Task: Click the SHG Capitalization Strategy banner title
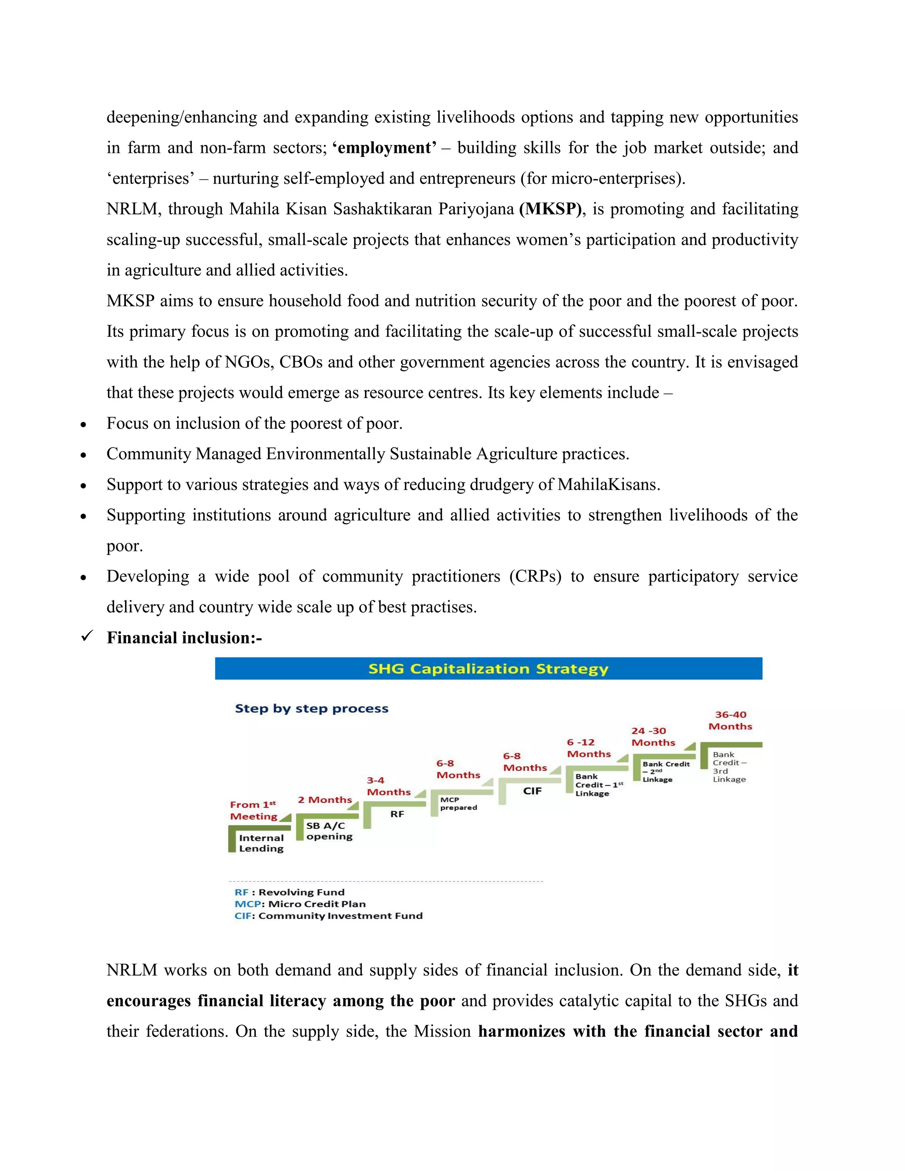click(x=488, y=669)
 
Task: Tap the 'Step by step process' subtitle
click(x=312, y=708)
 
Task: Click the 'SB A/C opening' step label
click(x=329, y=831)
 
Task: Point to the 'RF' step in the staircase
click(x=397, y=814)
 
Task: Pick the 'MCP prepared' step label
click(x=458, y=803)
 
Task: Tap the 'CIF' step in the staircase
click(x=532, y=791)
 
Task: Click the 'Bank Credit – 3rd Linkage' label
click(x=729, y=767)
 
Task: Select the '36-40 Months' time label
click(x=730, y=720)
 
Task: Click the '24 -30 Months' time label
click(x=653, y=737)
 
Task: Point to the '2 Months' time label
click(x=324, y=799)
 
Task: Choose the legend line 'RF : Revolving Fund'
click(x=289, y=892)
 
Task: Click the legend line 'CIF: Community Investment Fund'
click(x=328, y=916)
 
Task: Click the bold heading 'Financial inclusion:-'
click(x=184, y=638)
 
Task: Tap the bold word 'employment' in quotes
click(x=384, y=148)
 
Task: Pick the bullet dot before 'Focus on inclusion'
click(x=83, y=425)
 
